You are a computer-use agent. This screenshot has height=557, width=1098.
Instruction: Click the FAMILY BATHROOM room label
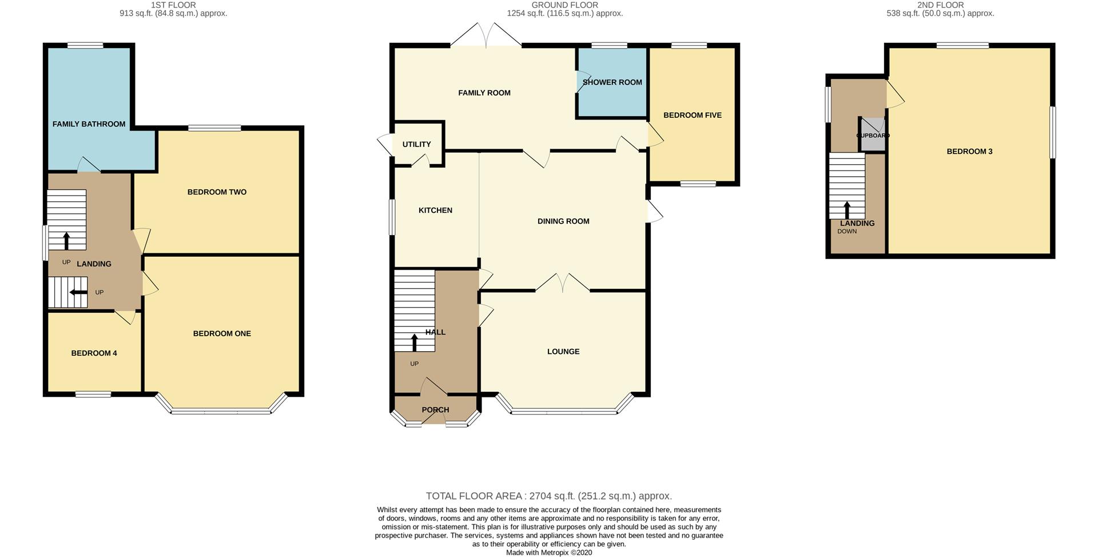(x=89, y=124)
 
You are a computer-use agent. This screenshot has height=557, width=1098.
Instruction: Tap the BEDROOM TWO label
(x=217, y=192)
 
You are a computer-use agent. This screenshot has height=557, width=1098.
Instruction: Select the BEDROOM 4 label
(x=94, y=353)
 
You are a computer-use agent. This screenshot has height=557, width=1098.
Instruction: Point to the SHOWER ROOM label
(x=612, y=82)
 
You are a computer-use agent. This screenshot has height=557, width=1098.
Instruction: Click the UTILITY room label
(x=416, y=145)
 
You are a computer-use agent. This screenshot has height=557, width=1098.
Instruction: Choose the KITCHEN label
(x=435, y=210)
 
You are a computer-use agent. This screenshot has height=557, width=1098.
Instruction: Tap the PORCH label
(x=435, y=410)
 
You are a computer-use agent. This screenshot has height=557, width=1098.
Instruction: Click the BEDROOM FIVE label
(x=692, y=116)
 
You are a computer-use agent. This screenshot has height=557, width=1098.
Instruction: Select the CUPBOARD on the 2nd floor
(x=873, y=136)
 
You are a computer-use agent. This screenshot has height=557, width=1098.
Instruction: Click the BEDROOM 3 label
(x=969, y=152)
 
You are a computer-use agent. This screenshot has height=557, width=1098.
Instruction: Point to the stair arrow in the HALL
(x=414, y=342)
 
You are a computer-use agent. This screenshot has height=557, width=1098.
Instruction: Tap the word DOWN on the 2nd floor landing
(x=847, y=232)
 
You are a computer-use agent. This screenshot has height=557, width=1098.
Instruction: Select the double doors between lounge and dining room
(x=563, y=283)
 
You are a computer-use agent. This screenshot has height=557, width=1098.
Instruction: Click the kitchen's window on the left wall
(x=392, y=217)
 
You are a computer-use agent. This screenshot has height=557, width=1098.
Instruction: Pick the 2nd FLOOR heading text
(x=940, y=5)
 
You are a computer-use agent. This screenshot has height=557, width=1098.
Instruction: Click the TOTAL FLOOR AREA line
(x=548, y=496)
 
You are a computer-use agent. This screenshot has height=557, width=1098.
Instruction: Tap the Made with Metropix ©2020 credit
(x=548, y=553)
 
